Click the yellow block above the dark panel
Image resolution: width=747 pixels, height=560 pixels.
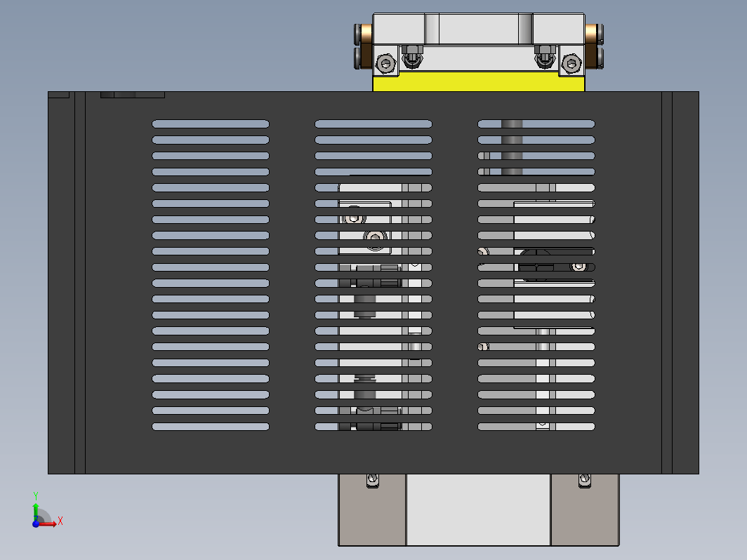478,81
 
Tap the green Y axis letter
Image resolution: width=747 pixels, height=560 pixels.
36,496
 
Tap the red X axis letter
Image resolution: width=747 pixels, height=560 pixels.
60,521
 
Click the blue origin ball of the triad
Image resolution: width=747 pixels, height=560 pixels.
36,524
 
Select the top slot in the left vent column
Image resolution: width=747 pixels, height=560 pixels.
211,124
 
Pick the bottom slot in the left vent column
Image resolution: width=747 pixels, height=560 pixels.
211,427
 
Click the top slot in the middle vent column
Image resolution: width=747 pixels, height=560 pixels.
373,124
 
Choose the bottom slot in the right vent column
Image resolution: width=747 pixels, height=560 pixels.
536,427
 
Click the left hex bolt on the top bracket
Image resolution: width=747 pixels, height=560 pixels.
386,63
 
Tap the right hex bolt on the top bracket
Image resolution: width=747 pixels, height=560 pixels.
571,63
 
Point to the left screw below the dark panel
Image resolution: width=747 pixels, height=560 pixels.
373,480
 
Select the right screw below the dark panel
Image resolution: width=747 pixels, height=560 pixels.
585,480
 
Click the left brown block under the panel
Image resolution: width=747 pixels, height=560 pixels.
372,509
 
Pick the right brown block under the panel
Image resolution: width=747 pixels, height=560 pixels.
585,509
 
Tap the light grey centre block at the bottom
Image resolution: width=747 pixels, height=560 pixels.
478,509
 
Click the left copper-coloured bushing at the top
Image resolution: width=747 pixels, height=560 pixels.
366,34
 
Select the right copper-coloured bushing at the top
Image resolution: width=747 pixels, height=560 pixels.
590,34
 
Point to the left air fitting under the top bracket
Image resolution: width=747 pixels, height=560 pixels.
412,57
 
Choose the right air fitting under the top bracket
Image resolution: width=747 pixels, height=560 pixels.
545,57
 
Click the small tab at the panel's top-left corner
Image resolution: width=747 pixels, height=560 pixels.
58,95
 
